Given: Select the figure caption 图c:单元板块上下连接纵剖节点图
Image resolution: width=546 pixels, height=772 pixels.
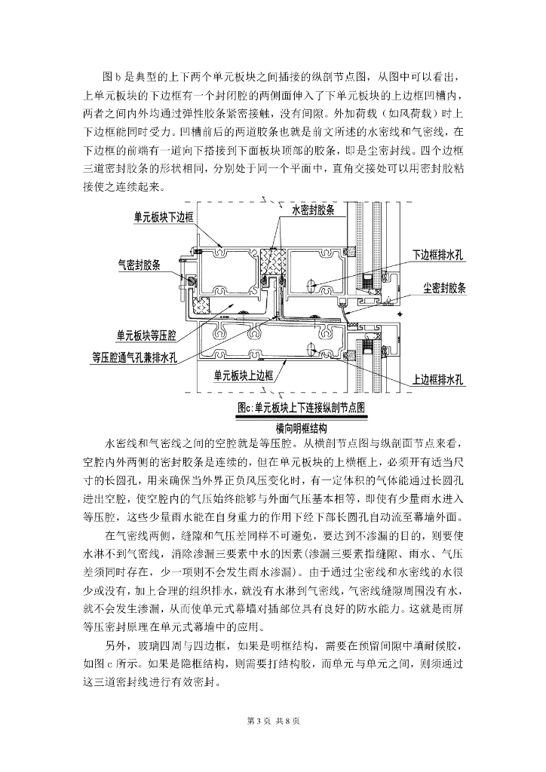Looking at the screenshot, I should tap(299, 407).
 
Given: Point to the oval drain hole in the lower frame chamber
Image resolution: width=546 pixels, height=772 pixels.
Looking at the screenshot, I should tap(312, 348).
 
